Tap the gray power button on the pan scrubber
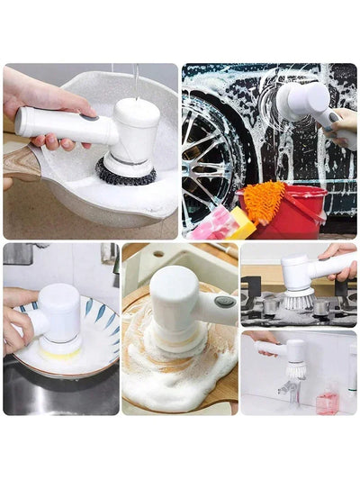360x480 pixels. [x=88, y=116]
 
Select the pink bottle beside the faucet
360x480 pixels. [x=327, y=401]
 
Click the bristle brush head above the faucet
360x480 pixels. [x=293, y=368]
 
